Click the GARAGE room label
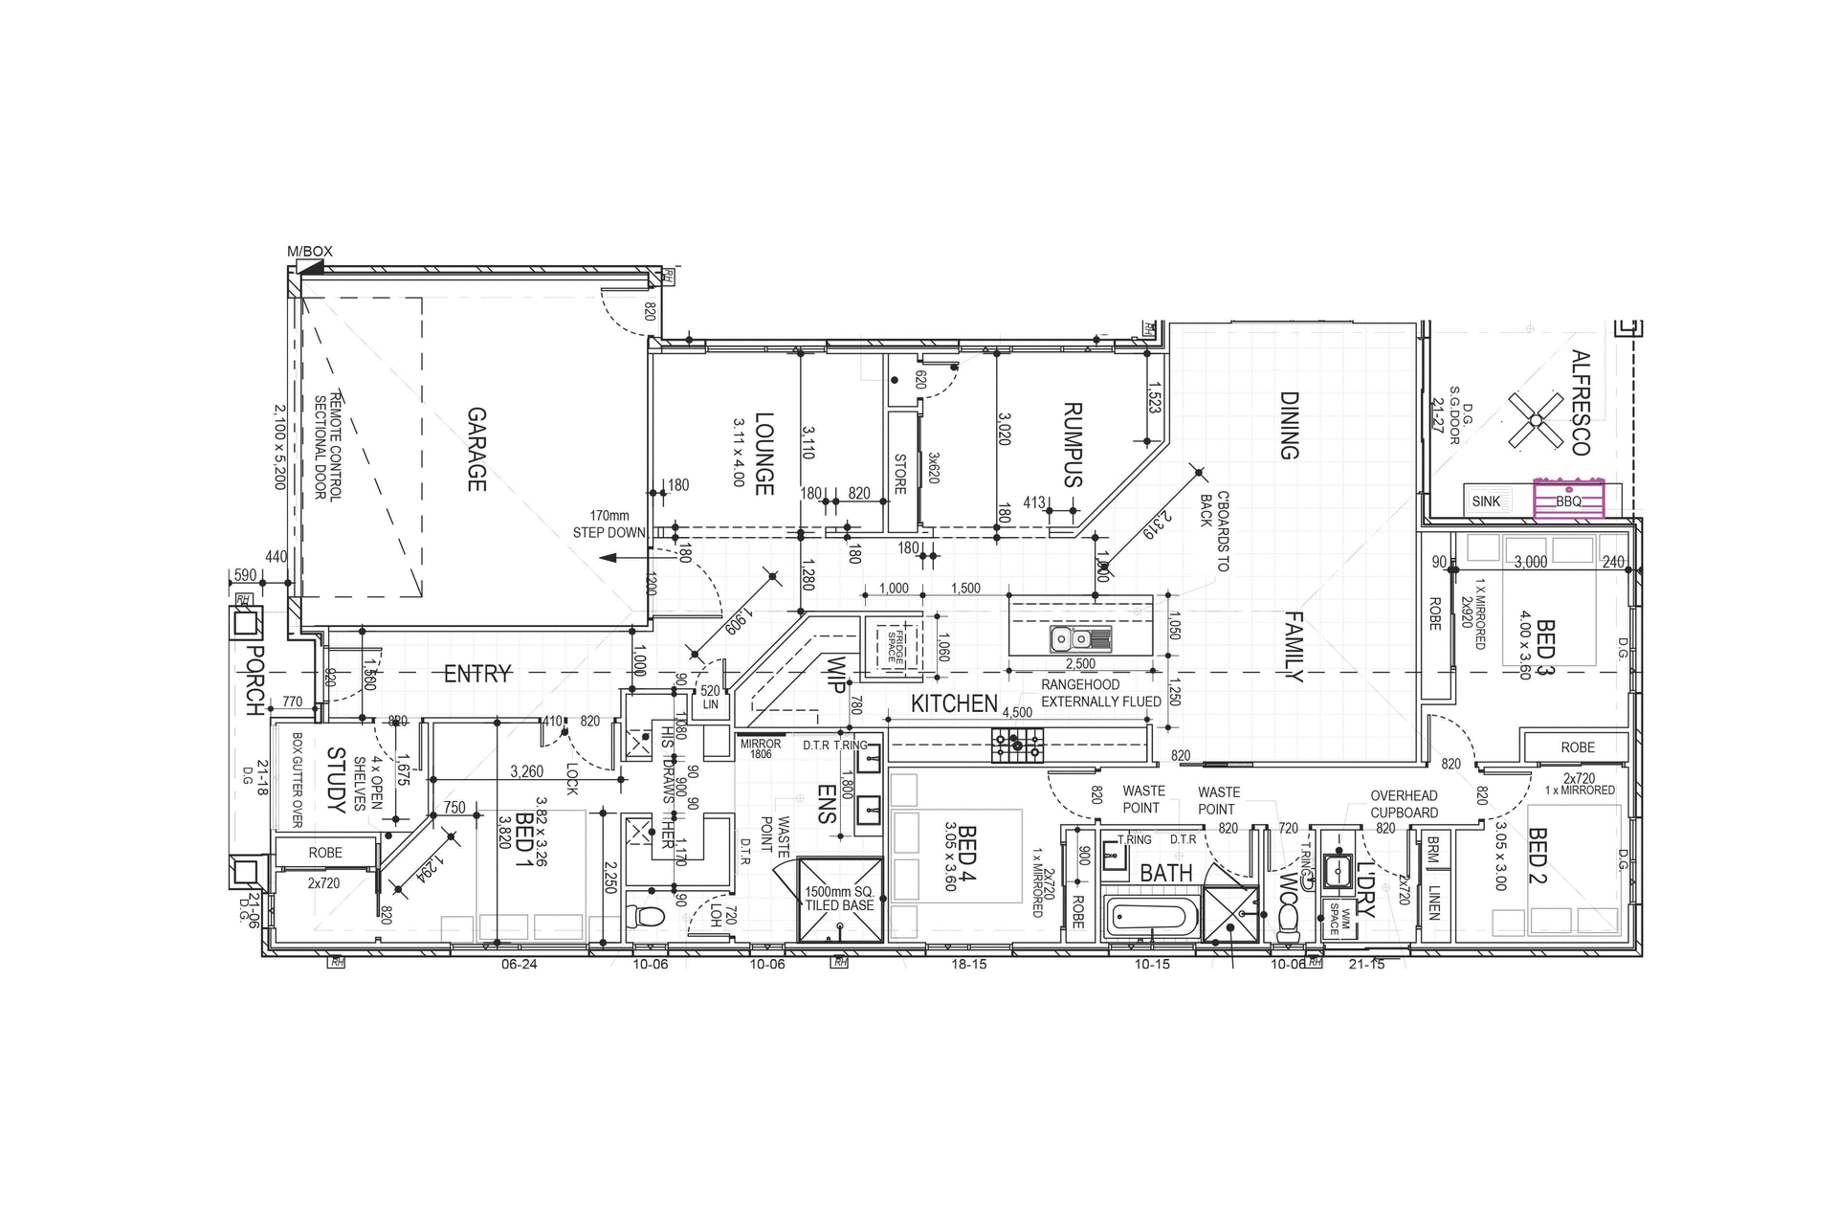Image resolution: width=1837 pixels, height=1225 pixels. click(476, 450)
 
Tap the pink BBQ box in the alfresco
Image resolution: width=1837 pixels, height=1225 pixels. click(1568, 500)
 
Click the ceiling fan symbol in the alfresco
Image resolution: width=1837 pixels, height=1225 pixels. click(1535, 419)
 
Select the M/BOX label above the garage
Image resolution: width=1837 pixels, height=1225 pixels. click(310, 252)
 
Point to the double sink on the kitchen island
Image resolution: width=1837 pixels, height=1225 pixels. click(1080, 638)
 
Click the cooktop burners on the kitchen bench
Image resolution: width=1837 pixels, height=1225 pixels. click(1018, 742)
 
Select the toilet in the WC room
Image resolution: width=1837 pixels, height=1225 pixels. click(1289, 921)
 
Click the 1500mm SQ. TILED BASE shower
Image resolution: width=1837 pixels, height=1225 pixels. click(839, 900)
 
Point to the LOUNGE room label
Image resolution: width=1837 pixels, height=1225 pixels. click(764, 454)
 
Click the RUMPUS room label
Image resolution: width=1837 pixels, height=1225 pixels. click(1073, 444)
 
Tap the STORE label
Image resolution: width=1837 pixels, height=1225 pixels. click(900, 474)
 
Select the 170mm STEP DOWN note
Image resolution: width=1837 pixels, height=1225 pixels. click(609, 524)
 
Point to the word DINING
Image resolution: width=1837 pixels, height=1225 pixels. click(1289, 425)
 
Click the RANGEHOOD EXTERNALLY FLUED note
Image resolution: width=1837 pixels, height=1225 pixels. click(1100, 693)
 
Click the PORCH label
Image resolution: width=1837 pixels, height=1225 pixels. click(254, 680)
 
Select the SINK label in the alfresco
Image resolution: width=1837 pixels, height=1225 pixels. click(1486, 501)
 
